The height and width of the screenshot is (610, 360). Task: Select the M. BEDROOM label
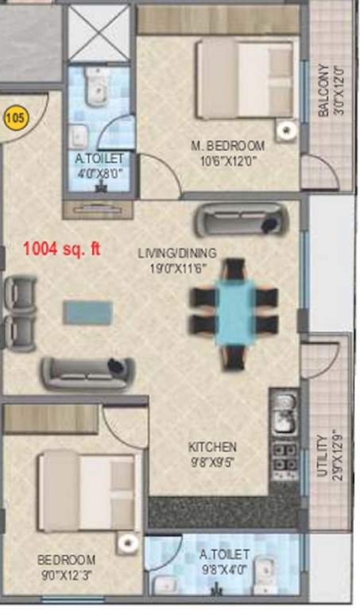coord(227,145)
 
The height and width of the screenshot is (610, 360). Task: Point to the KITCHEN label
coord(212,446)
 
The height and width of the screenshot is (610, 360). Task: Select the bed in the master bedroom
coord(245,79)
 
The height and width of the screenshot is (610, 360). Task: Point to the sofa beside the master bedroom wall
coord(240,219)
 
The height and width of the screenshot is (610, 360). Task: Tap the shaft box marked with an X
coord(97,32)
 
